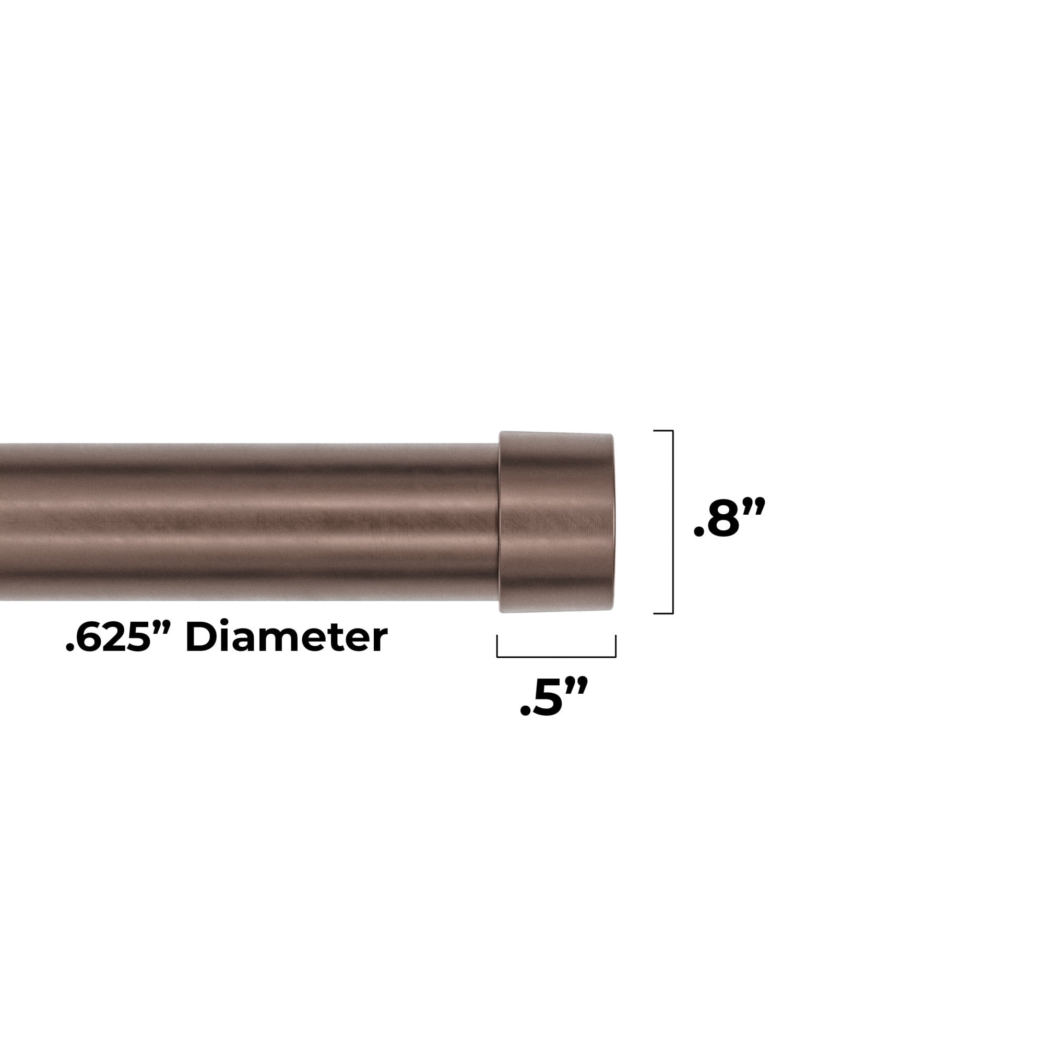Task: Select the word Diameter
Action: pyautogui.click(x=287, y=638)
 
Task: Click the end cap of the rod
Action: pyautogui.click(x=556, y=522)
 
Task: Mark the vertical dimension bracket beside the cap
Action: pyautogui.click(x=672, y=522)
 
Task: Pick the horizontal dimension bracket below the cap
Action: pyautogui.click(x=556, y=657)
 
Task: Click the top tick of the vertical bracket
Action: pyautogui.click(x=663, y=431)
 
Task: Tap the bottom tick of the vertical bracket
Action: pyautogui.click(x=663, y=613)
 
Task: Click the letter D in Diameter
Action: pyautogui.click(x=200, y=638)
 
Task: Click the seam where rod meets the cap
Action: pyautogui.click(x=499, y=522)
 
